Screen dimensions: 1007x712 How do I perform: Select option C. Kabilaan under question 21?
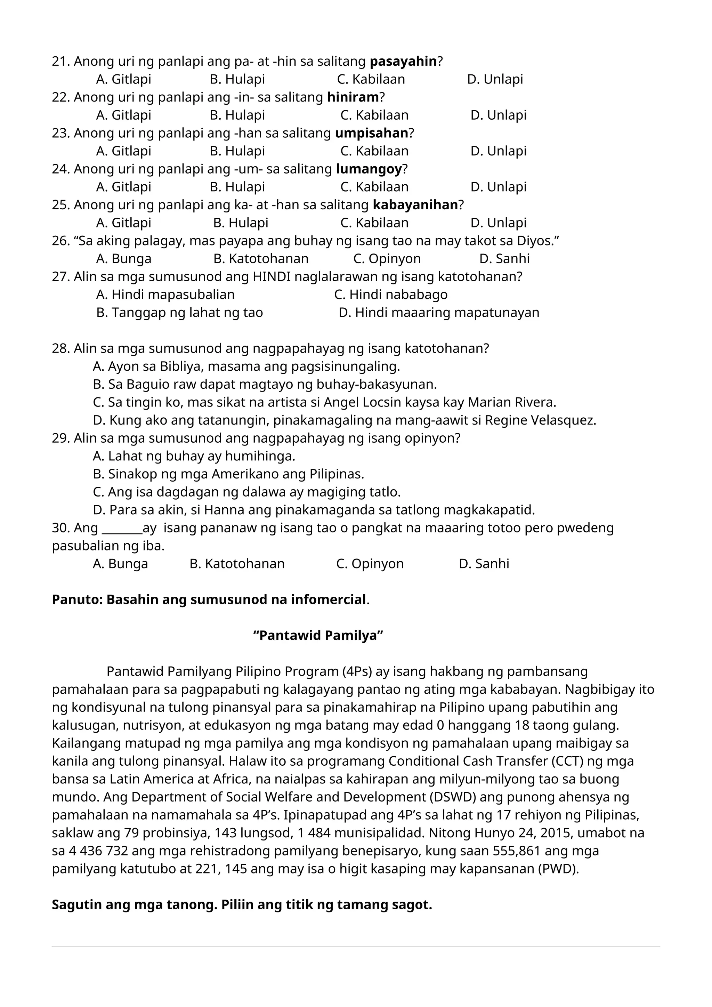[371, 79]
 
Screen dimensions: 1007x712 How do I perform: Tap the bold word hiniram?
[353, 97]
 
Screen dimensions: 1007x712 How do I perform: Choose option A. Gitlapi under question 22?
[124, 115]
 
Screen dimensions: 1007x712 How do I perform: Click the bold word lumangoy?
[369, 169]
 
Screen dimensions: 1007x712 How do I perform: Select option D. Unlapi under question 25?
[498, 223]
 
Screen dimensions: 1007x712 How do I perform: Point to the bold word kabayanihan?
[415, 205]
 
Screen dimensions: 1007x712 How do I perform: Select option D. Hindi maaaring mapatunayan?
[439, 313]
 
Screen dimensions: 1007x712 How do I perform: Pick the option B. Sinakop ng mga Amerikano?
[228, 474]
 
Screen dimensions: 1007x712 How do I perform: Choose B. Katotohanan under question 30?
[237, 564]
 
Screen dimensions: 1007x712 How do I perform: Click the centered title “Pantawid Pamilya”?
[318, 636]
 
